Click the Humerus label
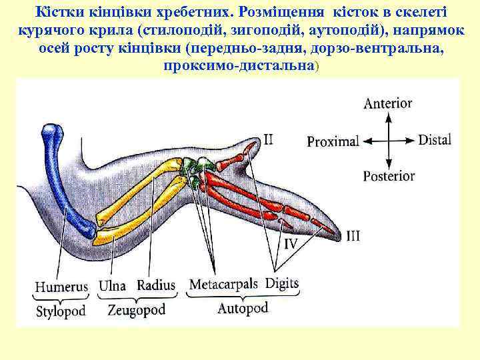pos(61,287)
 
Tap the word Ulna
pos(112,286)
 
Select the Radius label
pos(156,285)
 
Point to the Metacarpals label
pos(223,285)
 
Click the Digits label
pos(282,284)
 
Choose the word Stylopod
pos(62,312)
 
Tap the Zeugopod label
pos(136,311)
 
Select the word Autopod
pos(243,308)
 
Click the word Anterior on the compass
pos(387,103)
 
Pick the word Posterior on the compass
pos(389,177)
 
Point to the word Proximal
pos(333,141)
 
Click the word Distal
pos(435,140)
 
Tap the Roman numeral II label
pos(268,140)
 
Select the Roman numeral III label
pos(353,236)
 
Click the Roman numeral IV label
pos(291,244)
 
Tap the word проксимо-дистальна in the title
pos(239,67)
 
